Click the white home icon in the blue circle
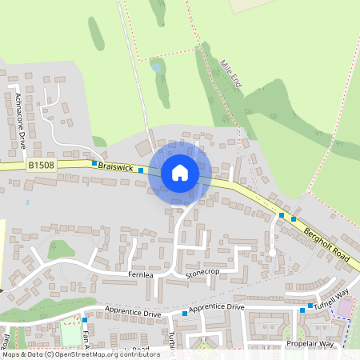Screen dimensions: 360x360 pos(180,173)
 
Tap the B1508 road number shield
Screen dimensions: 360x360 pos(42,166)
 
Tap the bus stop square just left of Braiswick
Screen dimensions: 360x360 pos(94,163)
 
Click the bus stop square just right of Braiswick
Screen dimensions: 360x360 pos(141,170)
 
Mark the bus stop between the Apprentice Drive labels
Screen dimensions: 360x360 pos(184,313)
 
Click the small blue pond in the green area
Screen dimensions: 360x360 pos(157,69)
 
